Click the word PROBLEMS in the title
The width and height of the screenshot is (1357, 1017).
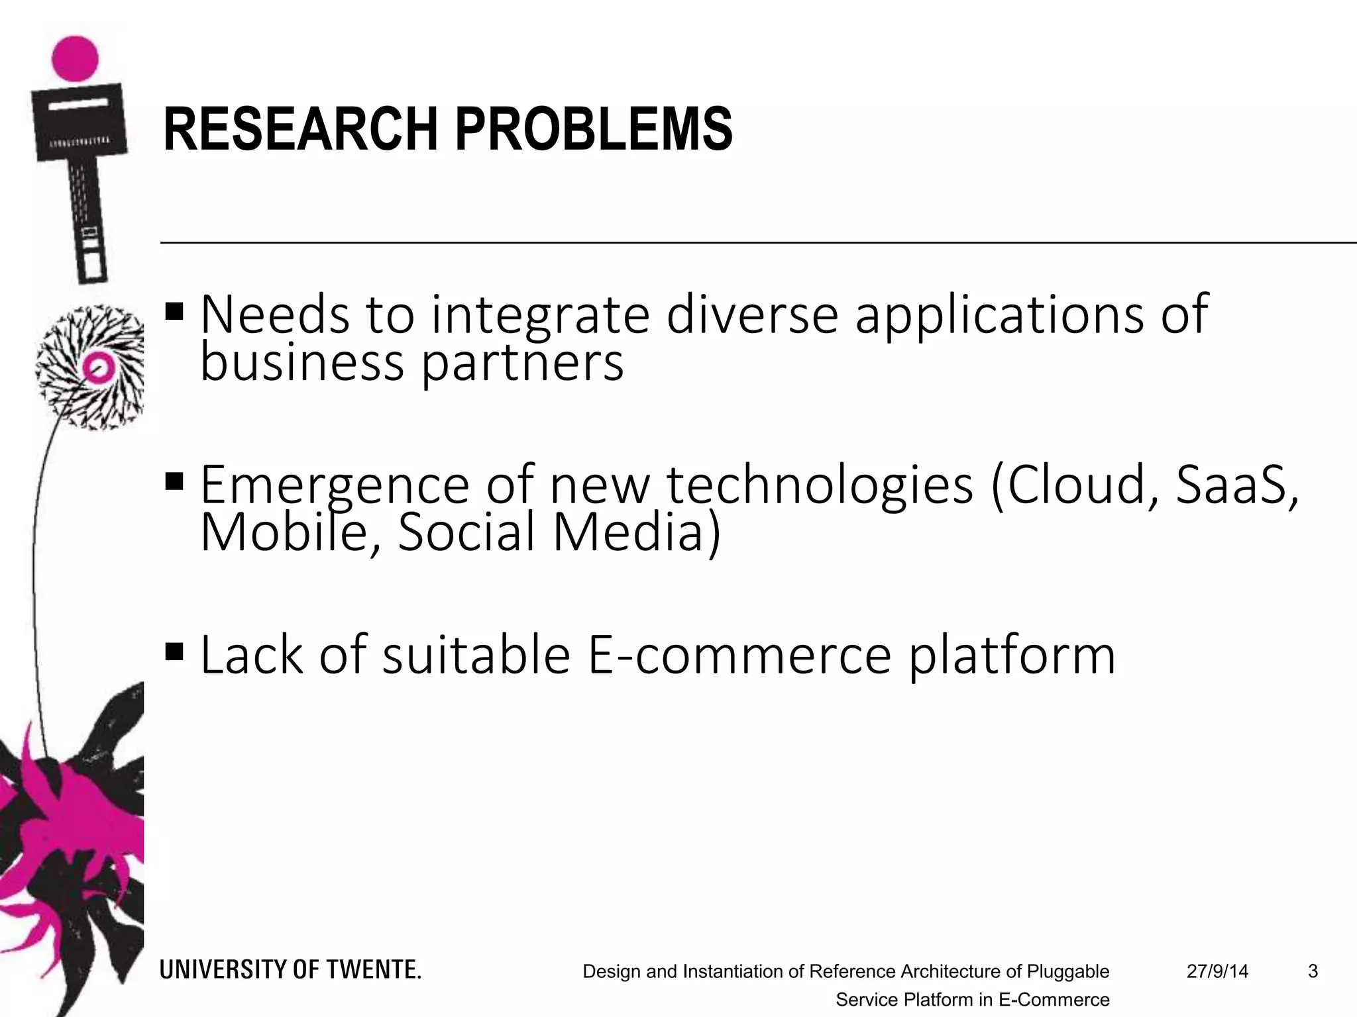[594, 129]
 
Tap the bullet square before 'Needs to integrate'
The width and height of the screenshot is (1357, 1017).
[175, 311]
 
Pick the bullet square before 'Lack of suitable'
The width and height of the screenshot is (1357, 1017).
[175, 652]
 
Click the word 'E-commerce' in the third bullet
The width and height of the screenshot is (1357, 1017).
[739, 655]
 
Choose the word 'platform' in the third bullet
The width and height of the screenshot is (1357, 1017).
[1012, 655]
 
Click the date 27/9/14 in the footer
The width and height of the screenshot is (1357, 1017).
[1217, 971]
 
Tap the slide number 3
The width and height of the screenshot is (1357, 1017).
[1313, 971]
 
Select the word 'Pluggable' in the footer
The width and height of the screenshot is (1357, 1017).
[1068, 971]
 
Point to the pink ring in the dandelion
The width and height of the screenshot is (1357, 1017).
[98, 367]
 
